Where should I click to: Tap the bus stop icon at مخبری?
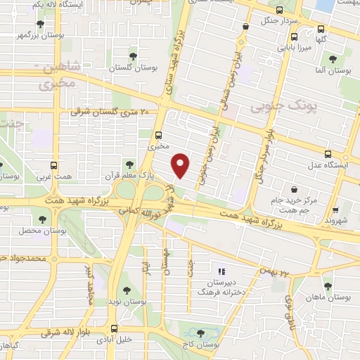coord(157,136)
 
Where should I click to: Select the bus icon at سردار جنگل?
coord(280,11)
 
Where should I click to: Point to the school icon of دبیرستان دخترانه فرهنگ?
coord(221,271)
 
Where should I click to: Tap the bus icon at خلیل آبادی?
coord(114,328)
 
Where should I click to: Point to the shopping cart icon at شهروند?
coord(335,209)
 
